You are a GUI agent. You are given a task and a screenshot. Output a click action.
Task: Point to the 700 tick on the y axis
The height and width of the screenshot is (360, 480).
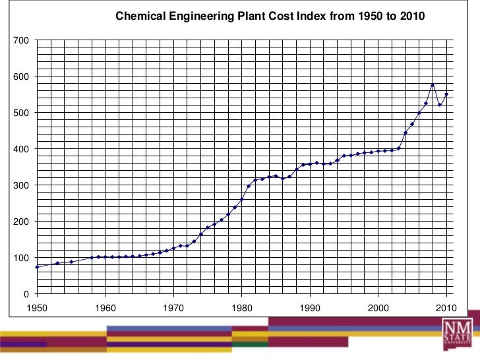[x=22, y=41]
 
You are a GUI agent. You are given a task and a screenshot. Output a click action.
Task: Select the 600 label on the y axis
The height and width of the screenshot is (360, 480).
[x=22, y=77]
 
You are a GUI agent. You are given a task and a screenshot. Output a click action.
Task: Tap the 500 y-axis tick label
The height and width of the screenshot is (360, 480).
[x=22, y=113]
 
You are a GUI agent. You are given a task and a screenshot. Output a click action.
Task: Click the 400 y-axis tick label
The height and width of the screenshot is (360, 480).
[x=22, y=150]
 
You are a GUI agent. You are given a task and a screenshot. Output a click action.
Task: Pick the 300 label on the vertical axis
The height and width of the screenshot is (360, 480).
[x=22, y=186]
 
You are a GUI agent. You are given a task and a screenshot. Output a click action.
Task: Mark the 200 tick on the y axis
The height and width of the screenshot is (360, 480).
[x=22, y=222]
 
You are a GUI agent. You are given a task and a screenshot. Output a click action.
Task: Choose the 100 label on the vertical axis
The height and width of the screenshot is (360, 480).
[x=22, y=258]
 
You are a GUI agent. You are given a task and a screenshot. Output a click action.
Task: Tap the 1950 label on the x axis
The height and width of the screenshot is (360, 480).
[x=37, y=307]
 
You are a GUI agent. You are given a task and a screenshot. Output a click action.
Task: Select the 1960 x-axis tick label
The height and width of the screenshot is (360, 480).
[x=105, y=307]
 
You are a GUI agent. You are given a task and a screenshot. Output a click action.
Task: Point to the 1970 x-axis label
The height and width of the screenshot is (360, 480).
[x=173, y=307]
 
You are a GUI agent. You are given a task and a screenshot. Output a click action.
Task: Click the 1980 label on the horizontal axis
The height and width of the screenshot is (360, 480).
[x=242, y=307]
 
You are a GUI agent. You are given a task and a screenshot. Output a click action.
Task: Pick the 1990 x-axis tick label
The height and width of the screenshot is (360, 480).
[x=310, y=307]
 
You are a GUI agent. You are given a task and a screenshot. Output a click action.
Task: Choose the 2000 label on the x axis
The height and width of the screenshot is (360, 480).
[x=378, y=307]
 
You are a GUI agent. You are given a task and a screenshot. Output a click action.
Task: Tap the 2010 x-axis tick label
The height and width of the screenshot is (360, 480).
[x=446, y=307]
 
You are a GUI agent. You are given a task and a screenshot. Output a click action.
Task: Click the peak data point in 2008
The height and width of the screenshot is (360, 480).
[x=433, y=85]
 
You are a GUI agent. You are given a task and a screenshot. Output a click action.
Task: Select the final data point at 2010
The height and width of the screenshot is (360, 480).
[x=446, y=94]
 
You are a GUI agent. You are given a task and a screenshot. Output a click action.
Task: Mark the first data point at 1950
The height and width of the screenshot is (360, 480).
[x=37, y=267]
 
